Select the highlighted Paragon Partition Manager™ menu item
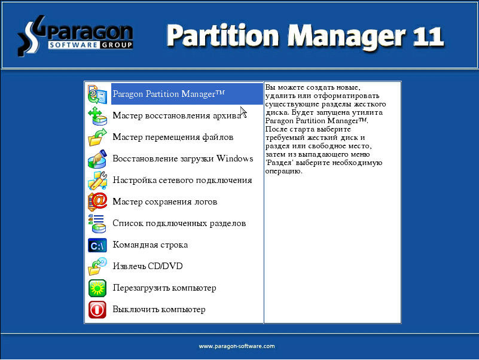(x=169, y=94)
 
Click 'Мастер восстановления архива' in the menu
(x=177, y=115)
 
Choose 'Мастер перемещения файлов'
(x=173, y=137)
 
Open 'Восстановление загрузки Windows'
(x=182, y=158)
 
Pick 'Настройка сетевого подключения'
(x=182, y=181)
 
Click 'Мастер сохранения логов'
(x=165, y=202)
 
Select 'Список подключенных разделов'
(x=179, y=224)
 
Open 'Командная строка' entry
(x=150, y=245)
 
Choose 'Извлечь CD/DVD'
(x=148, y=266)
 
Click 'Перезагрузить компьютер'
(x=164, y=288)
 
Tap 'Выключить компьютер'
(x=159, y=309)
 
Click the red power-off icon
(x=97, y=310)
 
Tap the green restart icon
(x=97, y=288)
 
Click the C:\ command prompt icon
(x=97, y=245)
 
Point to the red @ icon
(x=97, y=202)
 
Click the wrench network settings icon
(x=97, y=181)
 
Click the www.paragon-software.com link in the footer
(x=237, y=346)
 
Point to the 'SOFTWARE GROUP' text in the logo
(x=90, y=45)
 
